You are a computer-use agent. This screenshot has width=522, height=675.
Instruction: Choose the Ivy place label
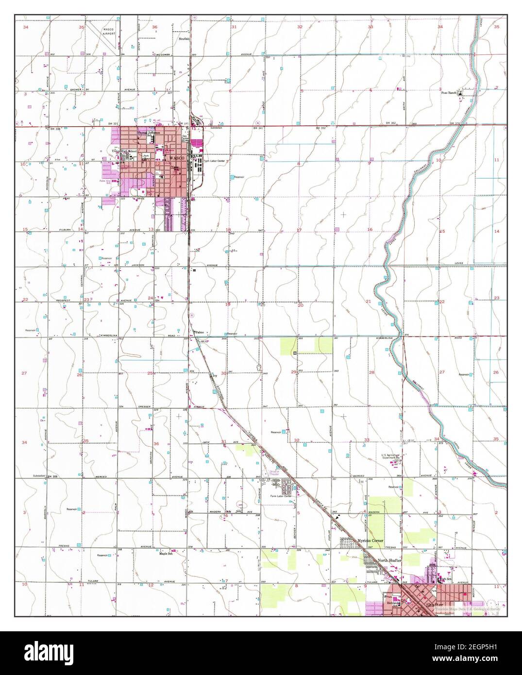pos(214,375)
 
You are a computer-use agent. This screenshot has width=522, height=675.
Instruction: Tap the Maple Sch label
pos(167,553)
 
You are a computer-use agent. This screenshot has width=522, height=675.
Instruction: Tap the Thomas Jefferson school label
pos(149,133)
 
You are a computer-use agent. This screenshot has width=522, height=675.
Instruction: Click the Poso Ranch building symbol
pos(462,91)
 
